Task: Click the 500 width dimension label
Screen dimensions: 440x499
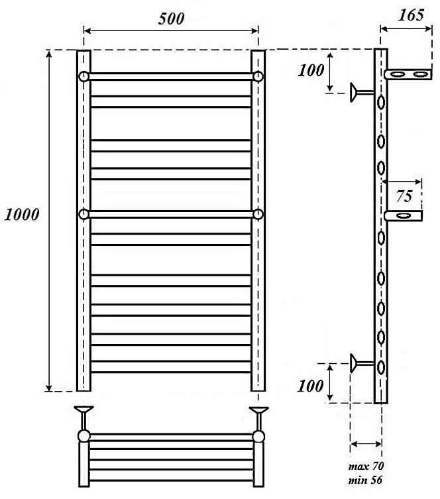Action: tap(172, 19)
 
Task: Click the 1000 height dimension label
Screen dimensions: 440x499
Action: tap(22, 215)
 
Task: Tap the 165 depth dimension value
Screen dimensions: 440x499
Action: tap(411, 15)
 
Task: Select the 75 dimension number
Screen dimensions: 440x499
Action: tap(404, 195)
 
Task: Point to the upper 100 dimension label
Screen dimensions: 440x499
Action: tap(311, 70)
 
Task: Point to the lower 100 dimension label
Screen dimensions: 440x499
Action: tap(311, 386)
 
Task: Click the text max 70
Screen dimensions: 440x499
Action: tap(366, 467)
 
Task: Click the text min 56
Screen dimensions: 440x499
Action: tap(365, 480)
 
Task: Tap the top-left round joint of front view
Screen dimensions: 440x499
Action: tap(83, 77)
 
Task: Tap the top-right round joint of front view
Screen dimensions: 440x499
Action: tap(258, 77)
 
